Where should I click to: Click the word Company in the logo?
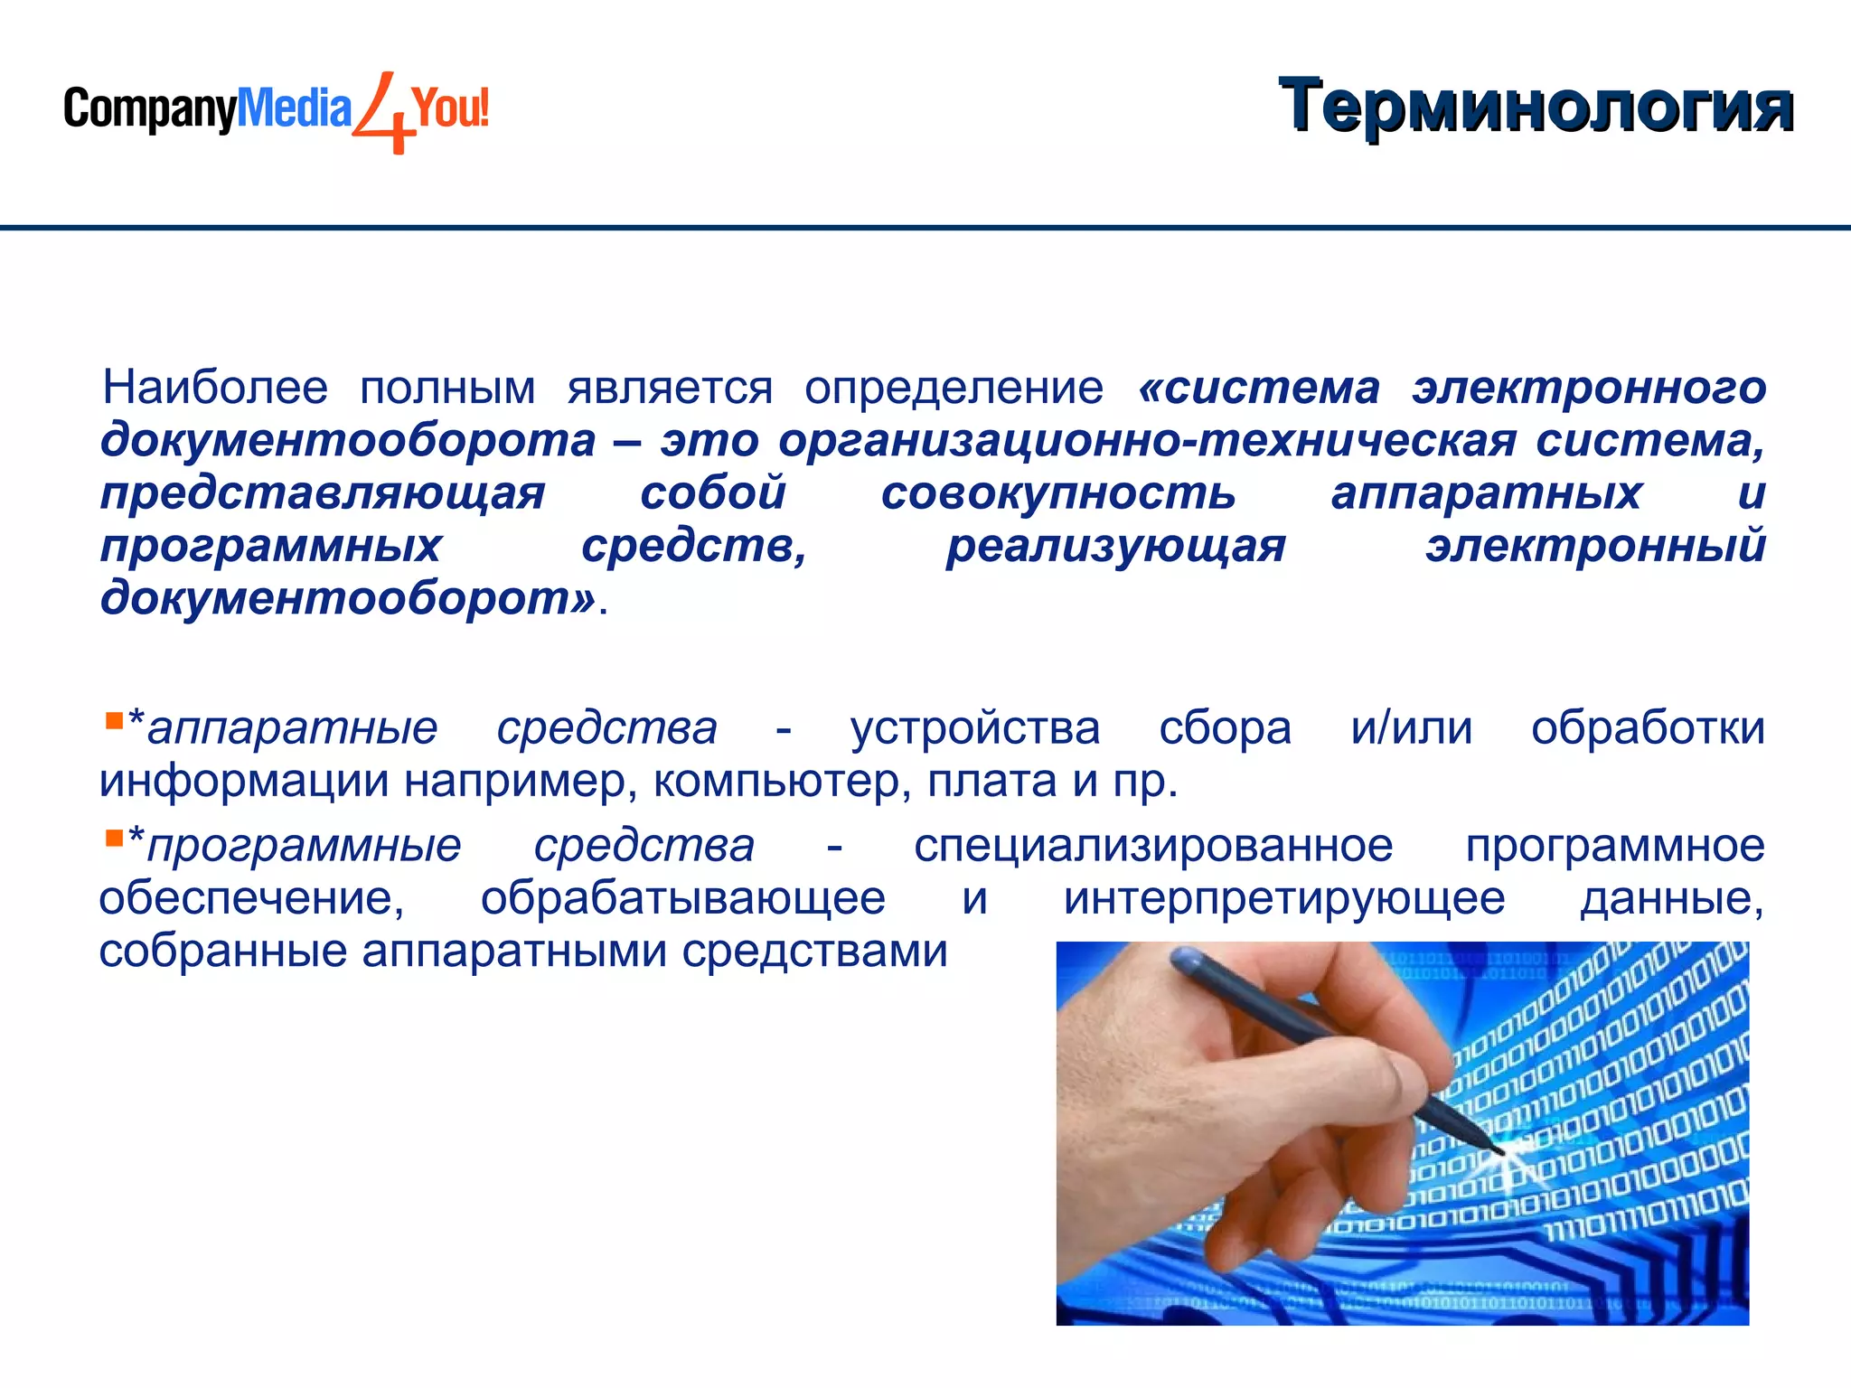(149, 110)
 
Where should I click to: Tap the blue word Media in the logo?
(294, 108)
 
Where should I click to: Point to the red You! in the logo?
(450, 108)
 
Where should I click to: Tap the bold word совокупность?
(1057, 493)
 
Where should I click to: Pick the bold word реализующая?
(1115, 546)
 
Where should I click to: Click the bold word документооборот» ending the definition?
(348, 598)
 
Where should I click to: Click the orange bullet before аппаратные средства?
(114, 720)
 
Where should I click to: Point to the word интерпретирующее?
(1283, 899)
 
